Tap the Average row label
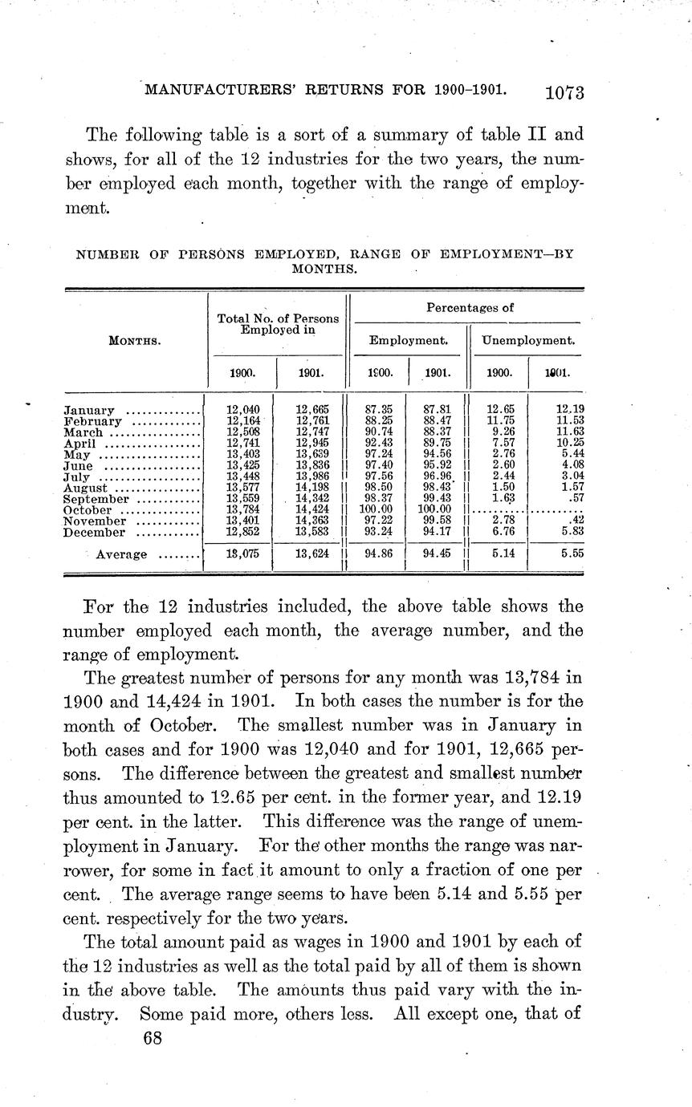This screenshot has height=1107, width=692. [121, 554]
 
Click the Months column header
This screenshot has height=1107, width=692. [135, 340]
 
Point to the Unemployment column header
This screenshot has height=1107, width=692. [527, 340]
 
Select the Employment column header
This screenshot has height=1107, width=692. [408, 340]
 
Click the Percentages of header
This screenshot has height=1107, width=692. [470, 307]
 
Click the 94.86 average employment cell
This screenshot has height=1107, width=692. [378, 553]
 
